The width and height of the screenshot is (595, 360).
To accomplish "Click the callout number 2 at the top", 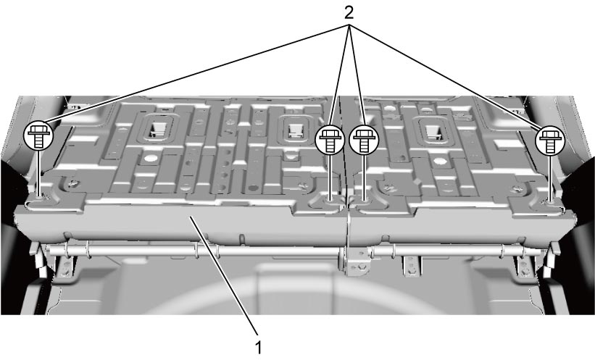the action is [349, 13].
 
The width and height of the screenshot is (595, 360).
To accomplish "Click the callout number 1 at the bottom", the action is [259, 347].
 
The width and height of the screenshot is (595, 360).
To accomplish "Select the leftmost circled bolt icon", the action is [38, 135].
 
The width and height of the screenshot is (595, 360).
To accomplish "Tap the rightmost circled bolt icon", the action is [550, 141].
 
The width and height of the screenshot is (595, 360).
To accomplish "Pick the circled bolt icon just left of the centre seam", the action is [330, 140].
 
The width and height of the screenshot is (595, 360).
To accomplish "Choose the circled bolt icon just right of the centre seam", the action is [364, 141].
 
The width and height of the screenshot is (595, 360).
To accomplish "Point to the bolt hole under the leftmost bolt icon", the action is [39, 196].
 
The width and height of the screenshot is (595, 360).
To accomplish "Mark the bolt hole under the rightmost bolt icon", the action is [550, 201].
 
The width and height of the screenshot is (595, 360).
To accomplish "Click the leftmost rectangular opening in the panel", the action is [158, 129].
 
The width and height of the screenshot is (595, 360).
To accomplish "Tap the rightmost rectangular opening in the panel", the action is [432, 131].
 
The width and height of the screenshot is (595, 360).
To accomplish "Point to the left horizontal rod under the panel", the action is [194, 251].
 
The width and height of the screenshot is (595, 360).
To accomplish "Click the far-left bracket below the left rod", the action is [65, 269].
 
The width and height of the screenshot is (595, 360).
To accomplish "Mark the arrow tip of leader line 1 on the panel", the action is [192, 217].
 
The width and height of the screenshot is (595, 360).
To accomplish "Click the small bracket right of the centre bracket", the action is [412, 267].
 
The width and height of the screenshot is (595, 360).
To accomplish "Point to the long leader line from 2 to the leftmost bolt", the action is [194, 75].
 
